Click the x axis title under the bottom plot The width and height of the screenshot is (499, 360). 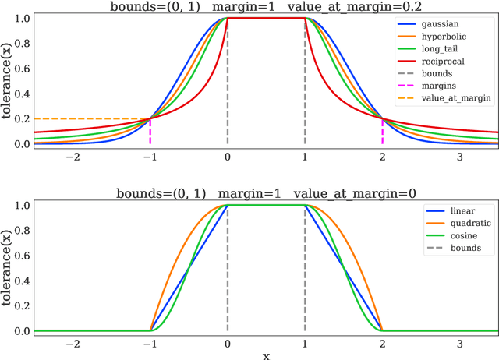[x=266, y=355]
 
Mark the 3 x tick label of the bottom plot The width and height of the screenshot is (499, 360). [x=459, y=342]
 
